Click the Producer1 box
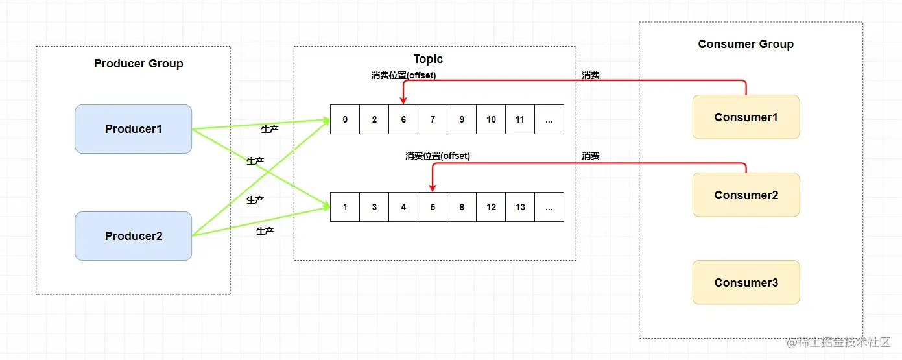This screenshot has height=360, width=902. click(133, 129)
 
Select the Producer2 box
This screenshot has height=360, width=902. click(133, 236)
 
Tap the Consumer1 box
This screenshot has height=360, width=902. click(746, 117)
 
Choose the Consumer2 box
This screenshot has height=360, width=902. click(746, 195)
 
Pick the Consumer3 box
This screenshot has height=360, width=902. click(746, 283)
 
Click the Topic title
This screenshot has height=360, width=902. click(428, 59)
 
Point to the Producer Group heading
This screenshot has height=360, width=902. click(138, 64)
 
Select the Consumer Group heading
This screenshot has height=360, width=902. click(746, 44)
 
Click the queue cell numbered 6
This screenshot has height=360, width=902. click(403, 119)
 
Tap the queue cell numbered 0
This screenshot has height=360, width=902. click(345, 119)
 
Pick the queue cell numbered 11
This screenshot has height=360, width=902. click(520, 119)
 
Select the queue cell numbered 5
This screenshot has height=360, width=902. click(433, 207)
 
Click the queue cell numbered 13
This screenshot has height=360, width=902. click(520, 207)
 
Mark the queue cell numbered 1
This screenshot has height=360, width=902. click(345, 207)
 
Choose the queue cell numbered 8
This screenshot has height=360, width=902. click(462, 207)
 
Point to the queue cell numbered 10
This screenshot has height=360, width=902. click(491, 119)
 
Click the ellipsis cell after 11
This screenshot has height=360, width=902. click(549, 119)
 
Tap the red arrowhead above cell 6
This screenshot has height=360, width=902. click(403, 101)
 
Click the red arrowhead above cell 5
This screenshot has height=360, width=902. click(433, 188)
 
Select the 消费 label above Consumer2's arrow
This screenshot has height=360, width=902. click(590, 156)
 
